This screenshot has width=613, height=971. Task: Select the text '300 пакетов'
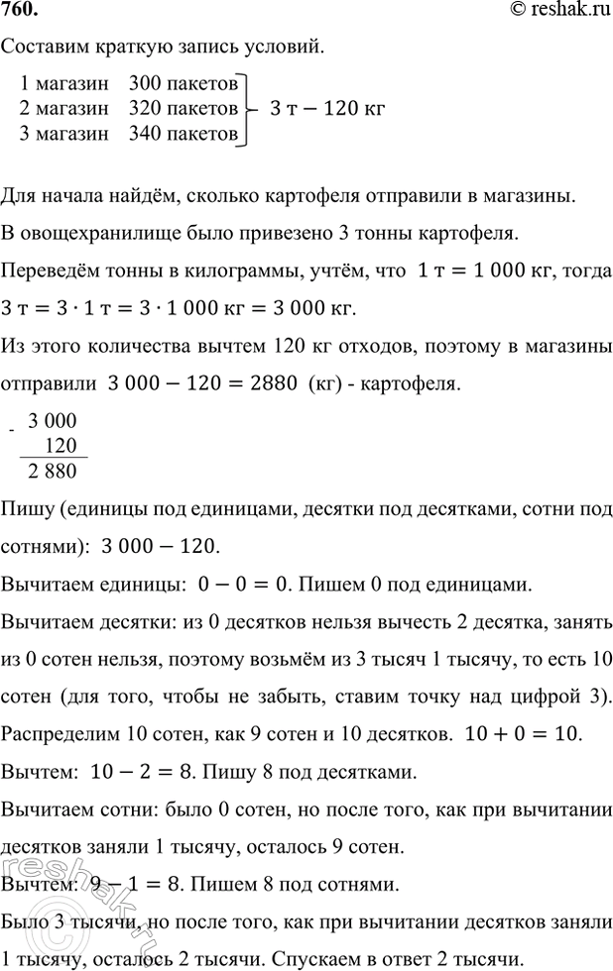tap(183, 82)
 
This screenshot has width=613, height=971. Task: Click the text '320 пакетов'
tap(183, 108)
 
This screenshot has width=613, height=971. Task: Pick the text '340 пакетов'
tap(183, 134)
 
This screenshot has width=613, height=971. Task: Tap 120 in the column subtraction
tap(61, 445)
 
